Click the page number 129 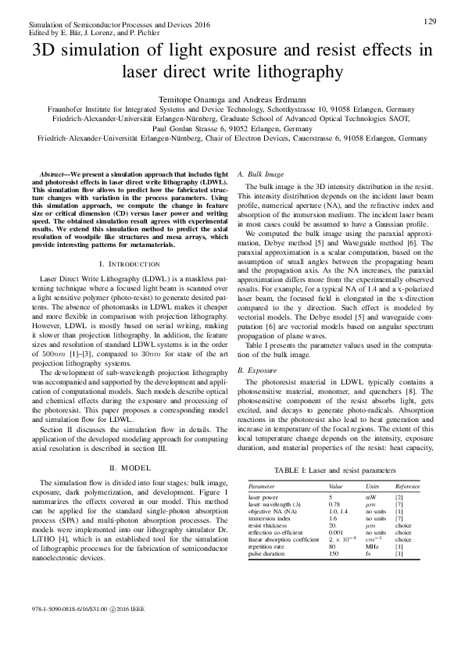(429, 20)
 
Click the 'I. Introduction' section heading (125, 244)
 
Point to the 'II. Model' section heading (125, 467)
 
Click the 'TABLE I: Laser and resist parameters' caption (333, 470)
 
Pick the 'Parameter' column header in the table (265, 486)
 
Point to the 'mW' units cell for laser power (371, 496)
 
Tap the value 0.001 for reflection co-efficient (336, 531)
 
